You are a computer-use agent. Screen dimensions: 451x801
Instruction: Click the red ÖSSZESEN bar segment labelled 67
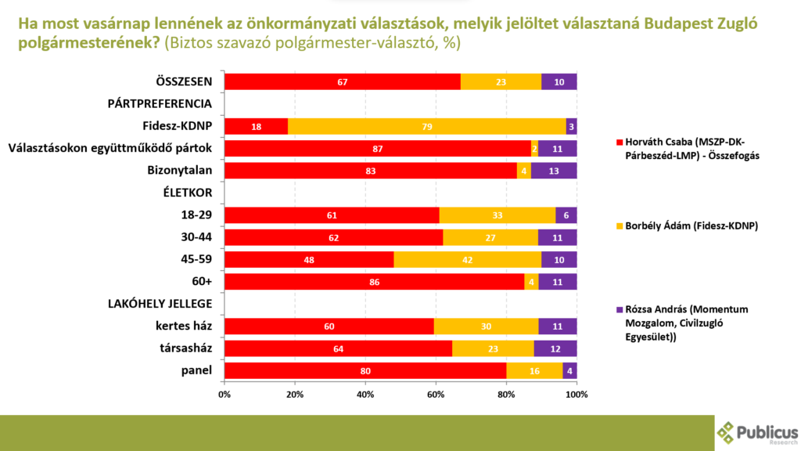(x=342, y=82)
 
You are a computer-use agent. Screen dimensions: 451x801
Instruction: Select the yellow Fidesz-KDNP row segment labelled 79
(x=426, y=127)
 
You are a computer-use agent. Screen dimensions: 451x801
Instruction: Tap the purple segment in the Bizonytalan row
(x=554, y=171)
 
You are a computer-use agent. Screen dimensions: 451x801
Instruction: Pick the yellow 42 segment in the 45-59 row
(x=467, y=260)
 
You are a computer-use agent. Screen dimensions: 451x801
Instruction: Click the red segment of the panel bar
(x=365, y=371)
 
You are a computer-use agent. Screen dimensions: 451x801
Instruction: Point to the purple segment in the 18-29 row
(x=566, y=215)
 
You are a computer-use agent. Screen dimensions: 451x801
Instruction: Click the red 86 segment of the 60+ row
(x=374, y=282)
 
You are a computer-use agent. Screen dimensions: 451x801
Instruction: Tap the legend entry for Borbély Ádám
(x=677, y=226)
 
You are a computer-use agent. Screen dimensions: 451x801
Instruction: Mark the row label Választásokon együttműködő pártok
(x=110, y=148)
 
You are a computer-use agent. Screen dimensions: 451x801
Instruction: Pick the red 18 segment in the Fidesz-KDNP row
(x=256, y=127)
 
